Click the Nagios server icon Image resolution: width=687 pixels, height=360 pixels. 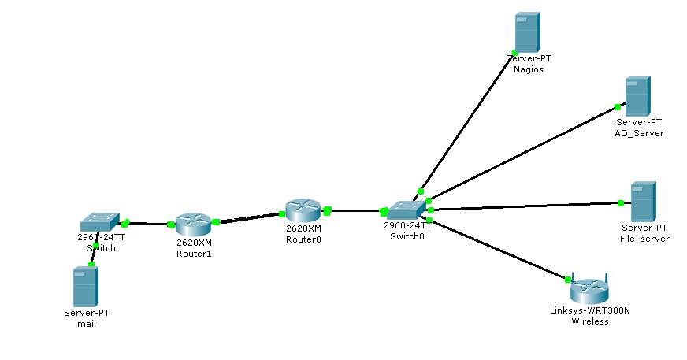(x=527, y=32)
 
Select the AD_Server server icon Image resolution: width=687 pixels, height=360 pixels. (x=637, y=96)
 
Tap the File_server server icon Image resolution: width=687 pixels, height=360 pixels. (x=643, y=202)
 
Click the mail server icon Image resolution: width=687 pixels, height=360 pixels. (x=85, y=286)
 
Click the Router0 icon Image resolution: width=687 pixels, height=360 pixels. (x=303, y=210)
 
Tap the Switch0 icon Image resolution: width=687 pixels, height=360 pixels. (x=407, y=210)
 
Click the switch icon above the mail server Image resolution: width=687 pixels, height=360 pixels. (x=100, y=222)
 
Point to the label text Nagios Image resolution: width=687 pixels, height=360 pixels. (x=528, y=69)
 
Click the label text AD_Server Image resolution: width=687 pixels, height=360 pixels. (x=639, y=133)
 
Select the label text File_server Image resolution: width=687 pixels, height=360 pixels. (x=645, y=239)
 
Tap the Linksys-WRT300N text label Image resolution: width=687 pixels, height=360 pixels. (x=589, y=310)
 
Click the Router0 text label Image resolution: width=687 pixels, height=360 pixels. (x=303, y=239)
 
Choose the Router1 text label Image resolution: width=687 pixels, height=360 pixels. (x=194, y=254)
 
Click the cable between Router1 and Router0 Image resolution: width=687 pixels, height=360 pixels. (x=248, y=217)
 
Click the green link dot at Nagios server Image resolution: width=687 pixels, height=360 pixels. (x=514, y=54)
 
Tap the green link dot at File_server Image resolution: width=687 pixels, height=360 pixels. (x=621, y=203)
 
